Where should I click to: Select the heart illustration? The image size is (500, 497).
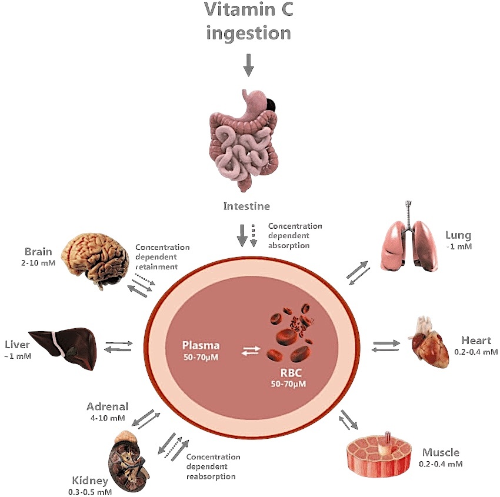point(429,342)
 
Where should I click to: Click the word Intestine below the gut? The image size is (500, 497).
point(246,206)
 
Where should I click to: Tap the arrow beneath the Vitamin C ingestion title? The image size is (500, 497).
point(248,65)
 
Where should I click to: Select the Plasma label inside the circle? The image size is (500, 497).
point(201,345)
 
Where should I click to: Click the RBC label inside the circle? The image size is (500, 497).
point(291,373)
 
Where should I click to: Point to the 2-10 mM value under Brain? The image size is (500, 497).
point(38,263)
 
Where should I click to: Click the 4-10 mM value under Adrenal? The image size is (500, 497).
point(108,418)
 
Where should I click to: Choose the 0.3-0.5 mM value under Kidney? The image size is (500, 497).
point(90,492)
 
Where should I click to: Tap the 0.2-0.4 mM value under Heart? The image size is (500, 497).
point(476,352)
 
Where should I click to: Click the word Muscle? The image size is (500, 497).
point(441,452)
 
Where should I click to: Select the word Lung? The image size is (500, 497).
point(458,236)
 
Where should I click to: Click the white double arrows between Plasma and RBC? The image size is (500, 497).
point(251,351)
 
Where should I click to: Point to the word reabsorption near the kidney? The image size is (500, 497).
point(211,476)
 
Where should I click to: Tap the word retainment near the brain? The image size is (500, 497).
point(156,267)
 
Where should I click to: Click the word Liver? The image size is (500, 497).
point(17,345)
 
